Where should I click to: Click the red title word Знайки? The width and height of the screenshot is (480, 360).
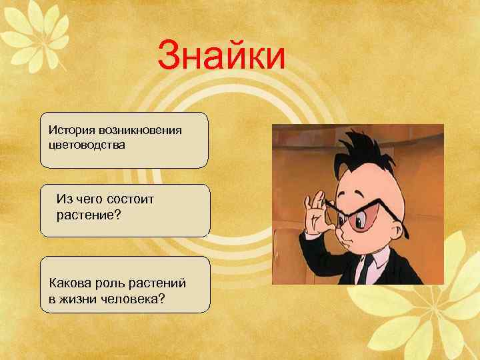click(222, 57)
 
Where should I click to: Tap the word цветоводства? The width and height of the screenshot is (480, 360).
click(87, 144)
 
